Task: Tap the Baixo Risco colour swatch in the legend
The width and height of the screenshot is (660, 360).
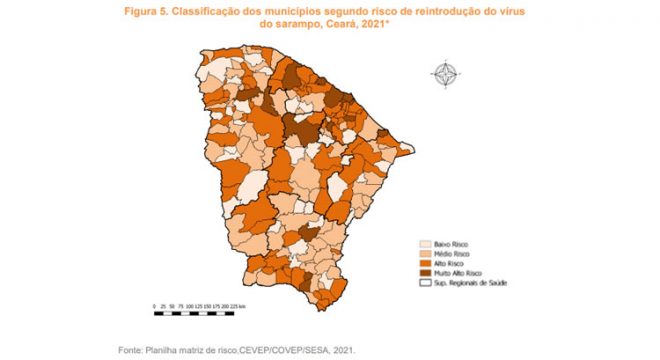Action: (424, 244)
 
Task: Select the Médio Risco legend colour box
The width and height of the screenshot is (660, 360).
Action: (424, 254)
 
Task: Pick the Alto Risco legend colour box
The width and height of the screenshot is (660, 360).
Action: (424, 263)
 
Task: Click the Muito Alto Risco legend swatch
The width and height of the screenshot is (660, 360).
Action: (424, 273)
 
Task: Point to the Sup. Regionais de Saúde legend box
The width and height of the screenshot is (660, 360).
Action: (424, 283)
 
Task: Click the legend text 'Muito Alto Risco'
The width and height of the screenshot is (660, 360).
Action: (457, 273)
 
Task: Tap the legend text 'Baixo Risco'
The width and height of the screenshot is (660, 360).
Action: (451, 244)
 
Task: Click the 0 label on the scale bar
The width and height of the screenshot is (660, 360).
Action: (153, 305)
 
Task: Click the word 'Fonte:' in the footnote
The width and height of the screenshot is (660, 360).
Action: (131, 350)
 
